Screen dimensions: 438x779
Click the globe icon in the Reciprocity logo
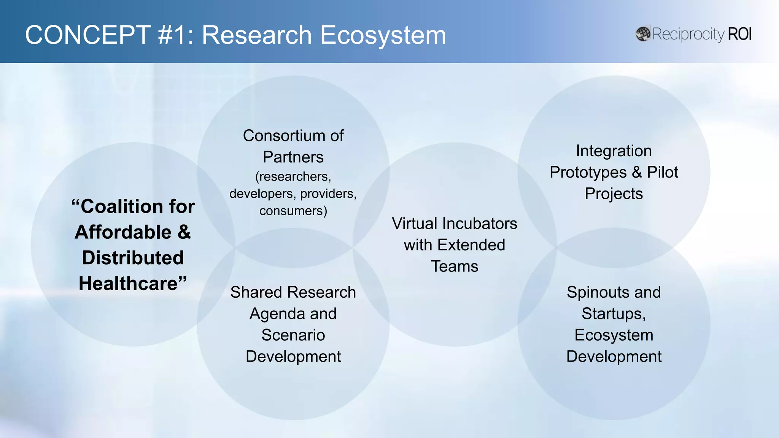coord(643,34)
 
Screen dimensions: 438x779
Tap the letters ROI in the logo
coord(739,34)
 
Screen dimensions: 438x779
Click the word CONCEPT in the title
coord(88,35)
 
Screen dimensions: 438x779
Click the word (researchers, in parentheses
coord(293,177)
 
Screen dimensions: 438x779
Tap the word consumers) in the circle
coord(293,211)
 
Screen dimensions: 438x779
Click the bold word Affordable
coord(123,232)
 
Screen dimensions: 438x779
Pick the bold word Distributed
coord(133,258)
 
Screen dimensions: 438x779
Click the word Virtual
coord(415,224)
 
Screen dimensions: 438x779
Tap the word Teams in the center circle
coord(455,267)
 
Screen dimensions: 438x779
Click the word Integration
coord(614,151)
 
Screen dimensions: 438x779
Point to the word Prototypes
coord(588,173)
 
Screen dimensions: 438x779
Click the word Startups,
coord(614,314)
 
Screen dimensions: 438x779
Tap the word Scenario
coord(293,335)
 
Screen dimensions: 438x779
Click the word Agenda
coord(277,314)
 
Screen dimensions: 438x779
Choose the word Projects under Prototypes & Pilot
coord(614,194)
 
